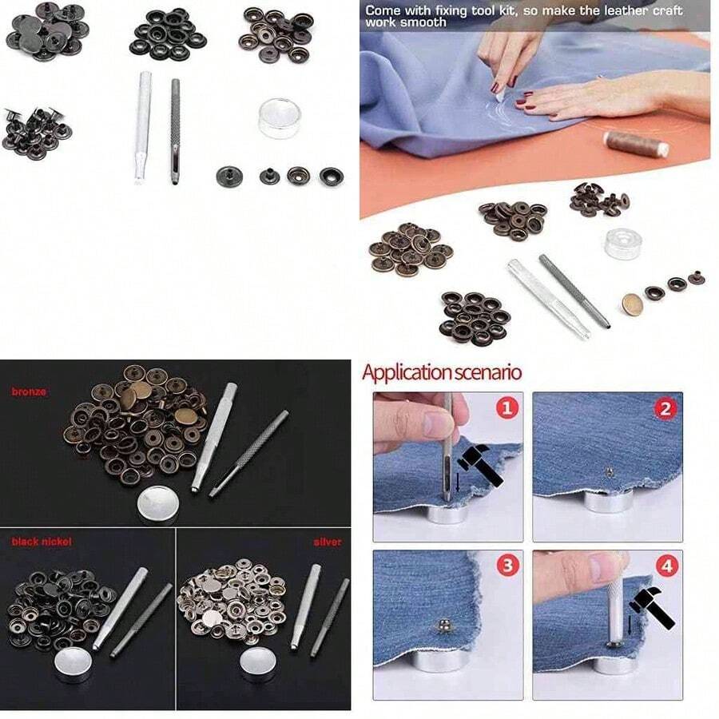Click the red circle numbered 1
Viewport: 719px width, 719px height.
pyautogui.click(x=507, y=407)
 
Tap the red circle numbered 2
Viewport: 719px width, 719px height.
pyautogui.click(x=665, y=408)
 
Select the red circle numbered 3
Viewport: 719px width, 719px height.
pyautogui.click(x=507, y=566)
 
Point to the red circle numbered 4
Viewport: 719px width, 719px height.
pyautogui.click(x=666, y=566)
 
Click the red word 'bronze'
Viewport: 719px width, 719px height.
pyautogui.click(x=29, y=391)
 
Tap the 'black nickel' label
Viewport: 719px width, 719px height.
pyautogui.click(x=42, y=542)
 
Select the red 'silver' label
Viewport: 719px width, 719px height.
pyautogui.click(x=328, y=542)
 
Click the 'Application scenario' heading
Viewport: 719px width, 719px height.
pyautogui.click(x=442, y=372)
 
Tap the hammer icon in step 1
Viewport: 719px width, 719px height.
pyautogui.click(x=480, y=463)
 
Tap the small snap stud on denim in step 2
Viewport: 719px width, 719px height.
pyautogui.click(x=609, y=471)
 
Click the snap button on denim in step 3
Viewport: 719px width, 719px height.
pyautogui.click(x=442, y=626)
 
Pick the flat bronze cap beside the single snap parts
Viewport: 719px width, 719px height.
pyautogui.click(x=632, y=304)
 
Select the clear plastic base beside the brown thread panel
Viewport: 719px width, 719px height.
pyautogui.click(x=622, y=243)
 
